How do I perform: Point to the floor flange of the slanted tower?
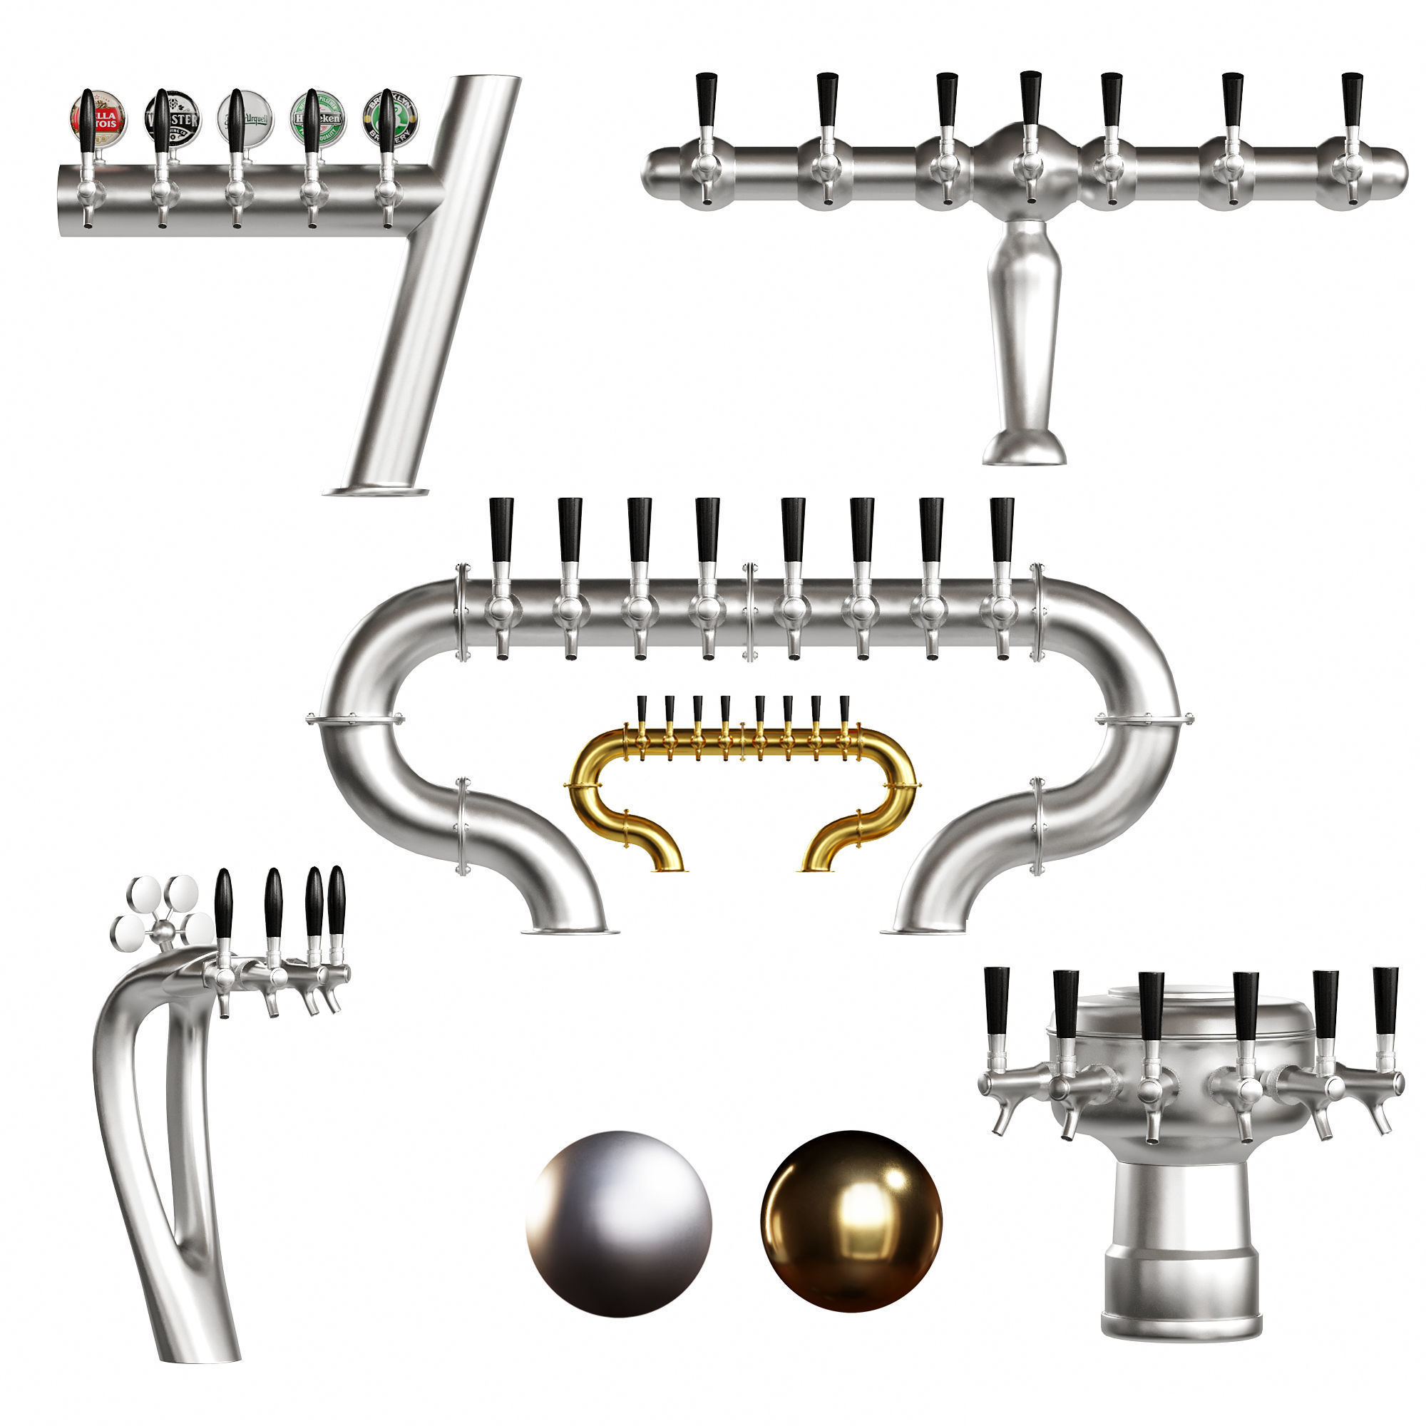pos(376,491)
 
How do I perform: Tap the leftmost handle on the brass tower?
pos(642,709)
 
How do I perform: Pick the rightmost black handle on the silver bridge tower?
pos(1002,528)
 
